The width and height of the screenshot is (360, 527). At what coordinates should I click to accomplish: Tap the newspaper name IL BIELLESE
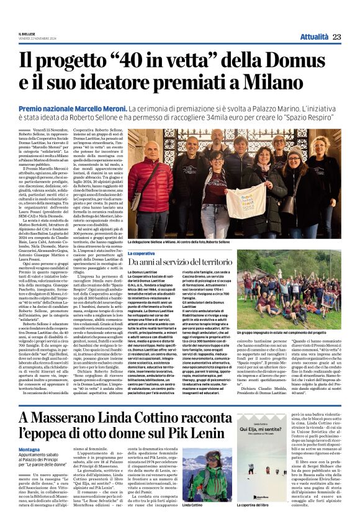[x=27, y=34]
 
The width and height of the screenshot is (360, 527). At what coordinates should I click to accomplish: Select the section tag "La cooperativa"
[x=142, y=253]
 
